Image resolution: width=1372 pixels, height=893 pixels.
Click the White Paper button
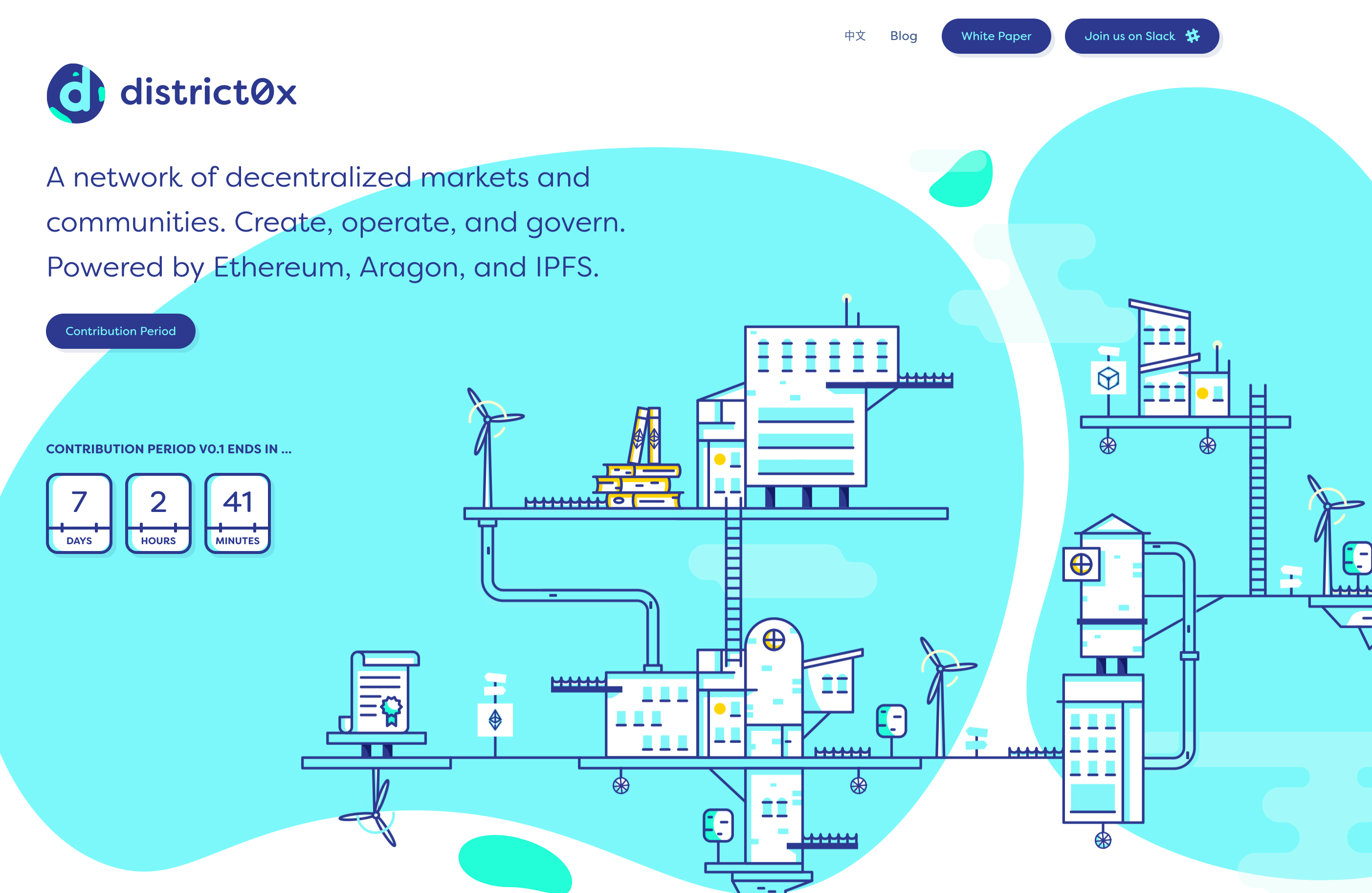[x=996, y=36]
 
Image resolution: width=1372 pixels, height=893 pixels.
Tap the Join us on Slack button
[x=1141, y=36]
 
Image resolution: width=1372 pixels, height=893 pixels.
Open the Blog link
[x=903, y=36]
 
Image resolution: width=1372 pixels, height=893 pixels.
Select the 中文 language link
[x=855, y=36]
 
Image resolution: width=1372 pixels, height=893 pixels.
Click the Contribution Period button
[x=120, y=331]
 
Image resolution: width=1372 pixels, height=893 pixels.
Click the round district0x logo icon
[x=75, y=93]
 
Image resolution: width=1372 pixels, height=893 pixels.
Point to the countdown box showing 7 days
[x=79, y=513]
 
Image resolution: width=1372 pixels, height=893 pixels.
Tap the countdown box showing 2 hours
[x=158, y=513]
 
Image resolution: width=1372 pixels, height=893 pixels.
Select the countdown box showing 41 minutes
[x=238, y=513]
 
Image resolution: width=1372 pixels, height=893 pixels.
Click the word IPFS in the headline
[x=567, y=267]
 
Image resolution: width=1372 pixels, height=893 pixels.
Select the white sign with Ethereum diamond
[x=495, y=719]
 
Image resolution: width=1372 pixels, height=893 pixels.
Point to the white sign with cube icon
[x=1108, y=378]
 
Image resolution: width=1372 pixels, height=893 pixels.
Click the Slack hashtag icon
[x=1193, y=36]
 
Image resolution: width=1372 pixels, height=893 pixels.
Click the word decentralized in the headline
[x=318, y=177]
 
